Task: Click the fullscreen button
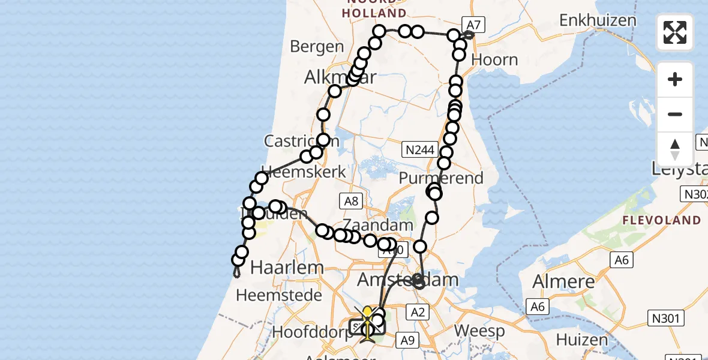[x=675, y=32]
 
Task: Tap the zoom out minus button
[x=675, y=115]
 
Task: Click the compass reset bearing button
[x=675, y=149]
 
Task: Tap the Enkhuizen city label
[x=598, y=20]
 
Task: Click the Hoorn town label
[x=495, y=60]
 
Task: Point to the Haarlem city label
[x=279, y=268]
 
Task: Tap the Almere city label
[x=565, y=281]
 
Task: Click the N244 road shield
[x=421, y=148]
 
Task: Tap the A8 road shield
[x=352, y=201]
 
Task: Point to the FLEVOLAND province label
[x=661, y=220]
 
